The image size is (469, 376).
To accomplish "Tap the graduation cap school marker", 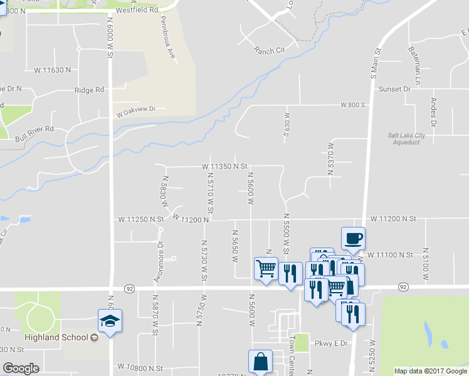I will click(x=110, y=321).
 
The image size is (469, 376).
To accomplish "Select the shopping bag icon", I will click(x=260, y=362).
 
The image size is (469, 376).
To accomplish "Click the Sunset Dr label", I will click(x=394, y=89).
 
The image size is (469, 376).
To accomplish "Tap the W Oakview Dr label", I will click(x=135, y=111).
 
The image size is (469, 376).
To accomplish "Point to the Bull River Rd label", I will click(x=35, y=128).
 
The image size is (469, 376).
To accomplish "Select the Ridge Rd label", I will click(x=89, y=90).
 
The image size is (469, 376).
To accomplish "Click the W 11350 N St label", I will click(x=225, y=167).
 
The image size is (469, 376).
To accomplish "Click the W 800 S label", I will click(x=352, y=105).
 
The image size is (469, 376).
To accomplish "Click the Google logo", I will click(x=21, y=368).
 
